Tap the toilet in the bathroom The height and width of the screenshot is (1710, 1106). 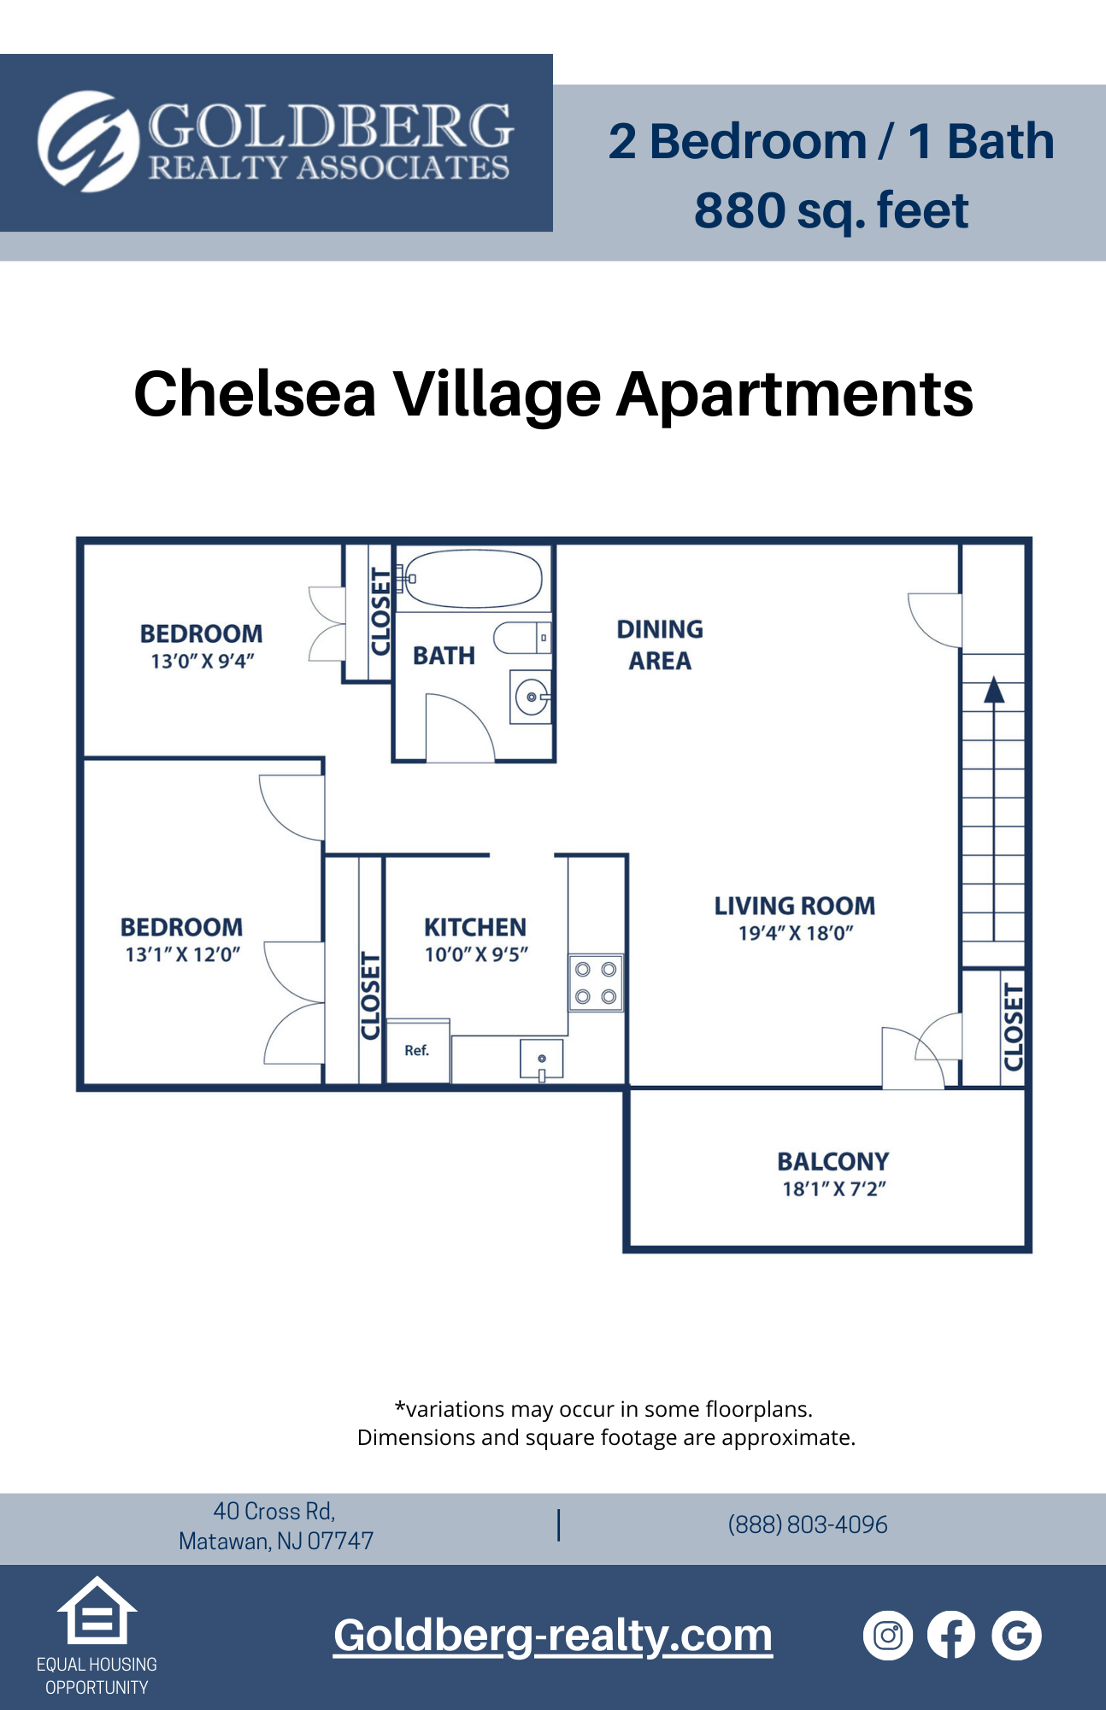click(x=520, y=638)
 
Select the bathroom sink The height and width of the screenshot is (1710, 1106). click(x=531, y=698)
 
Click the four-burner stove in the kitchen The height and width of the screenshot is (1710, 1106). click(x=596, y=983)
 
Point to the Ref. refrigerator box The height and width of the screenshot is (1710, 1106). click(x=417, y=1051)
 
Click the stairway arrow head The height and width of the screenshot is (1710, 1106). click(x=993, y=691)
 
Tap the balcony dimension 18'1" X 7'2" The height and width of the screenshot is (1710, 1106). click(x=834, y=1188)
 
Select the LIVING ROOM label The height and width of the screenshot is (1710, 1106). click(x=795, y=906)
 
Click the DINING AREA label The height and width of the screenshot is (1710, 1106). click(x=660, y=645)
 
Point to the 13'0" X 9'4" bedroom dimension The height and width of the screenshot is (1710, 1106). click(x=203, y=661)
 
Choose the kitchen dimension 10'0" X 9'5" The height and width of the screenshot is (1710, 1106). click(x=476, y=954)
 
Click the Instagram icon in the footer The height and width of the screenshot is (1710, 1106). click(x=888, y=1636)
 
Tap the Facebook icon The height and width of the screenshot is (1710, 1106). click(x=951, y=1636)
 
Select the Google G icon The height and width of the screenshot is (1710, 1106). click(x=1016, y=1636)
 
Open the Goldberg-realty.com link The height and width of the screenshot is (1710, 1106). click(x=553, y=1636)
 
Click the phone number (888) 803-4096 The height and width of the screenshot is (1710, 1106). click(x=808, y=1524)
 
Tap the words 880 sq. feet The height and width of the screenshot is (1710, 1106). click(x=831, y=210)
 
